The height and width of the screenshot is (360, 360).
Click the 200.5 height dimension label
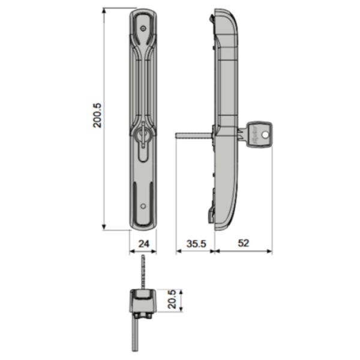tap(97, 115)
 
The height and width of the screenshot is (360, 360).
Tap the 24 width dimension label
tap(144, 244)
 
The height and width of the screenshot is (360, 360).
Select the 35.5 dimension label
tap(196, 244)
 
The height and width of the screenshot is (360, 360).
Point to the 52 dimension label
tap(244, 243)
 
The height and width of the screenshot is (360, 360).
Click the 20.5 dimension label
tap(172, 299)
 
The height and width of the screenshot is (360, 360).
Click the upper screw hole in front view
tap(143, 28)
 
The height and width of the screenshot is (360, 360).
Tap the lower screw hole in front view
tap(143, 206)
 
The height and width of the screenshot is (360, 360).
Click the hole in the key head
tap(265, 135)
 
